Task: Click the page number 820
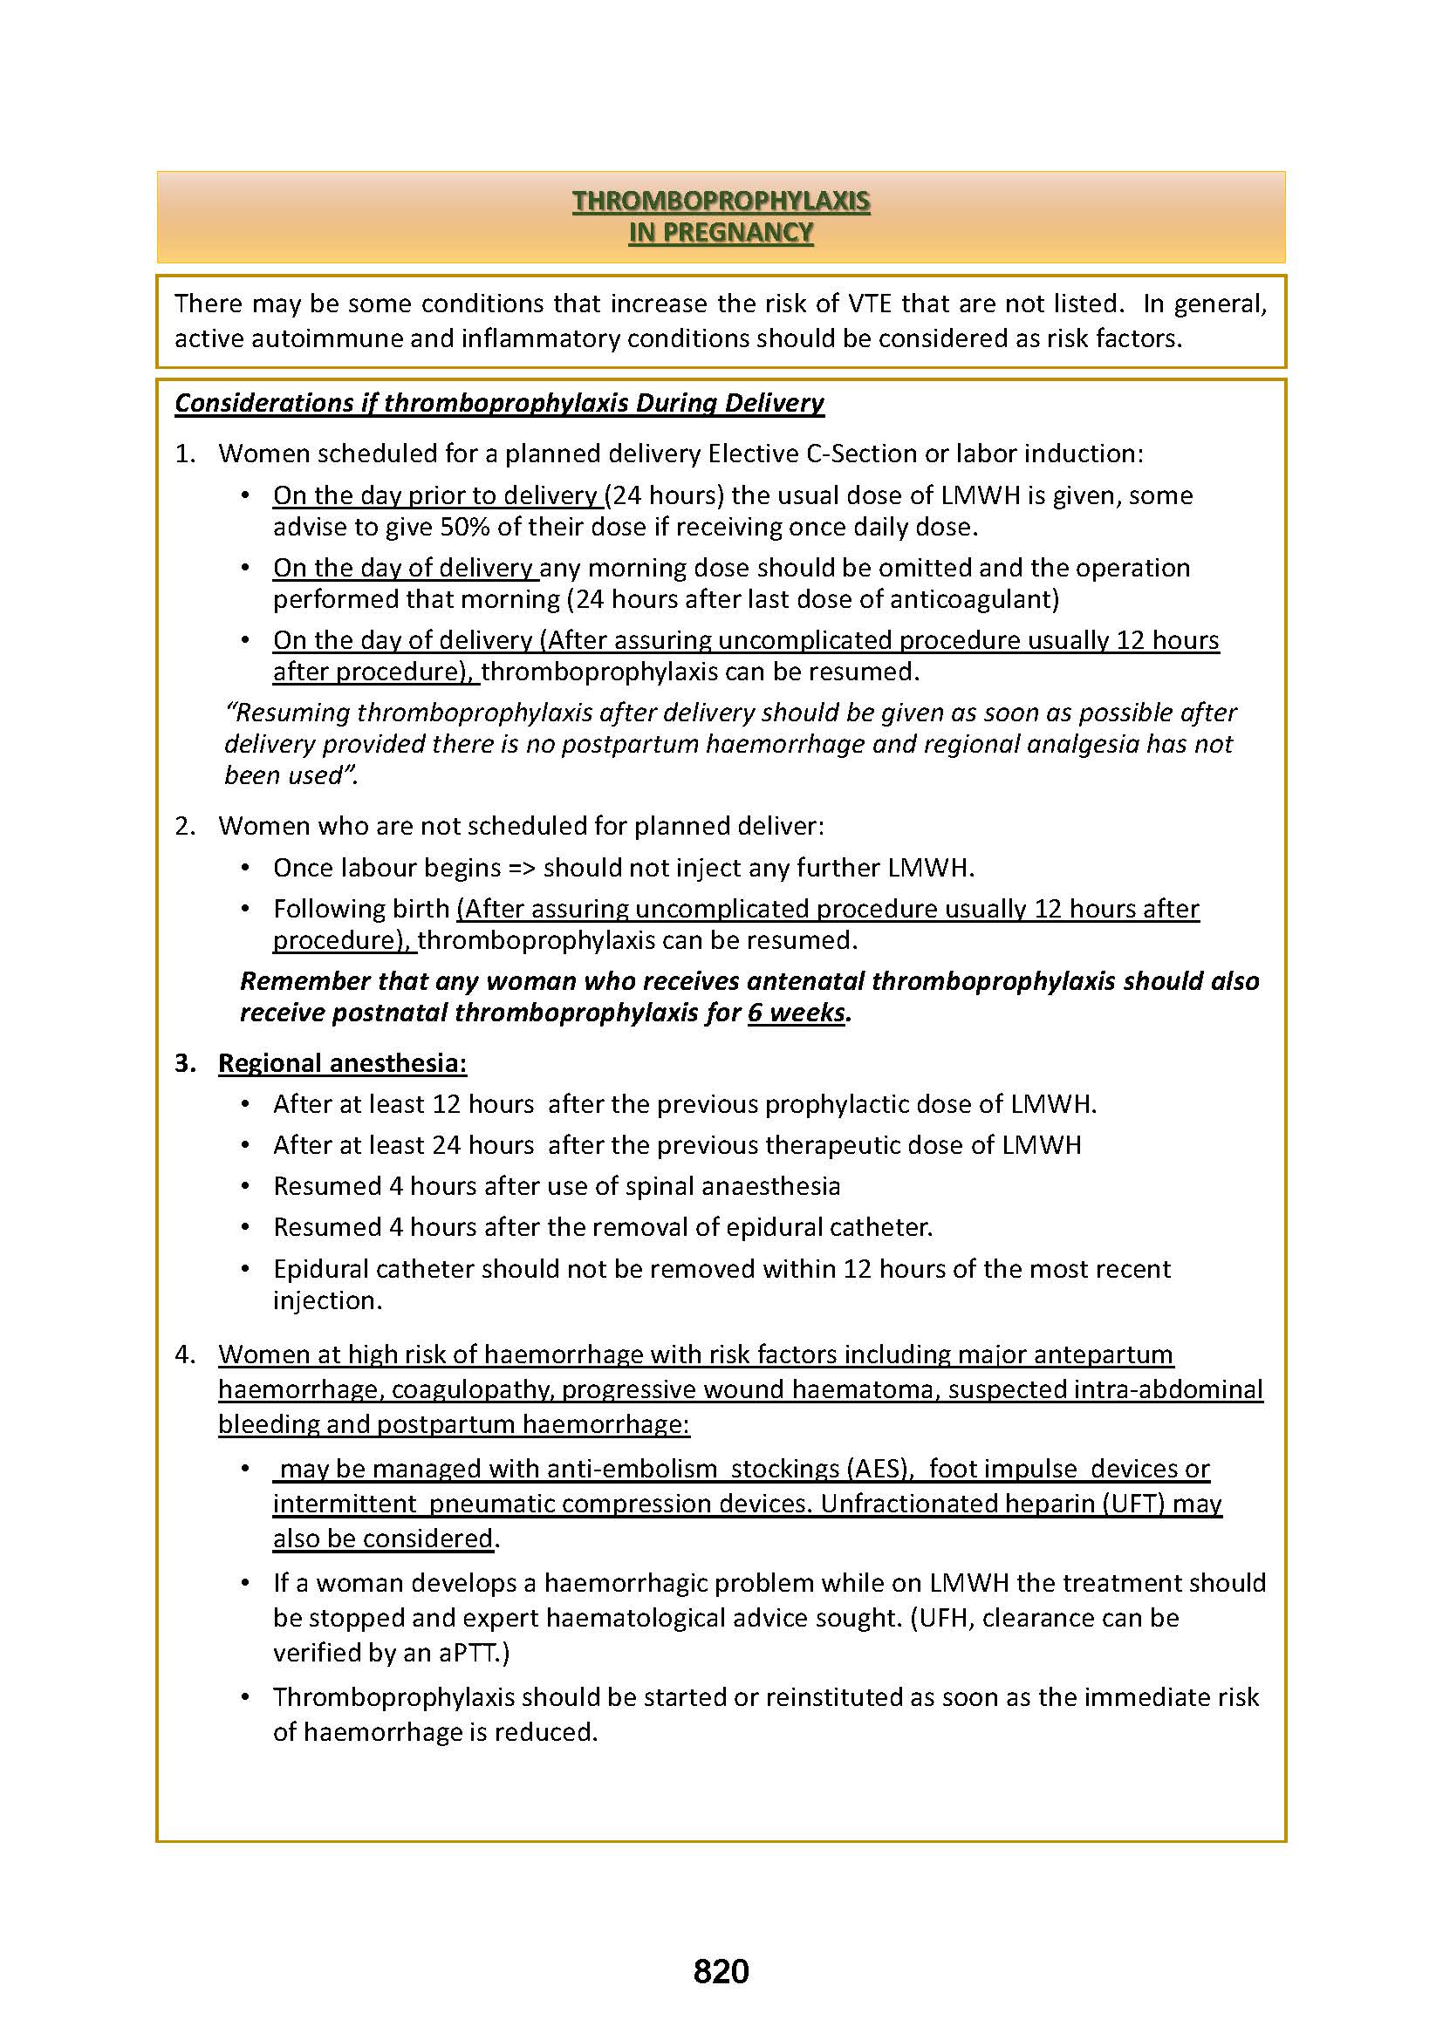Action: (721, 1971)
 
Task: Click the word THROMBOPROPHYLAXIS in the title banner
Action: (721, 201)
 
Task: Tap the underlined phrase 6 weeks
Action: (797, 1012)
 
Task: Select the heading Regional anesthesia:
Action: (342, 1062)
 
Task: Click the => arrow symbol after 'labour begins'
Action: (521, 868)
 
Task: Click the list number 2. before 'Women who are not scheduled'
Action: (185, 826)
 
